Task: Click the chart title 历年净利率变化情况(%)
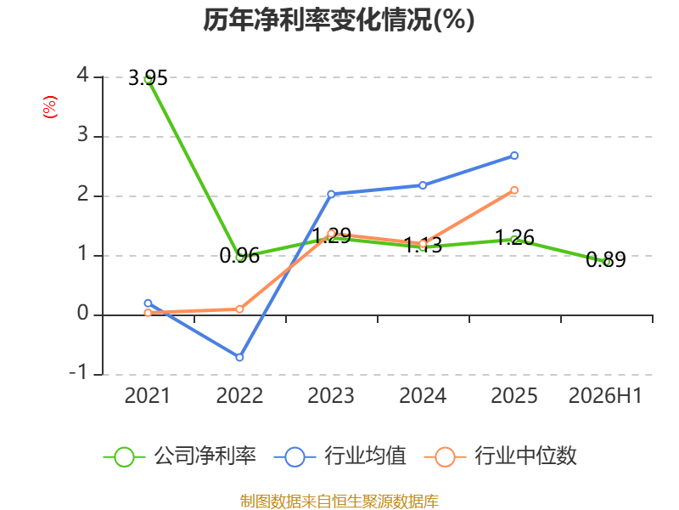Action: (339, 20)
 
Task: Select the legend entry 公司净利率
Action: (179, 456)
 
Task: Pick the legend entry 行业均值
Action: (340, 456)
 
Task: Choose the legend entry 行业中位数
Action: (500, 456)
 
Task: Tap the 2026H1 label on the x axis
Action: (605, 395)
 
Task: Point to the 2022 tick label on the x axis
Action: (239, 395)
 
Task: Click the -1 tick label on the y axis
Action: (78, 372)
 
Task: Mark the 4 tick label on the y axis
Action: (82, 76)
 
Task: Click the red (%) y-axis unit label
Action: (50, 107)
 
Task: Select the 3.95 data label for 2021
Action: (148, 78)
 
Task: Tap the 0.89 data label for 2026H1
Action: (606, 259)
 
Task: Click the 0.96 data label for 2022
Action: (239, 255)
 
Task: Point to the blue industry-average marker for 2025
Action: (514, 156)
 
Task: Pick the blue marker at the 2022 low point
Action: (239, 357)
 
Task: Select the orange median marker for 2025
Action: (514, 190)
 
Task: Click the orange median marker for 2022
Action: (239, 309)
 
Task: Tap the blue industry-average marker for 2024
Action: (423, 185)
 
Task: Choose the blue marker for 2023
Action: (331, 195)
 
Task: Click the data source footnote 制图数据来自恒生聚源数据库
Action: (339, 501)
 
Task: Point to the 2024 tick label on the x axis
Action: (423, 395)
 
